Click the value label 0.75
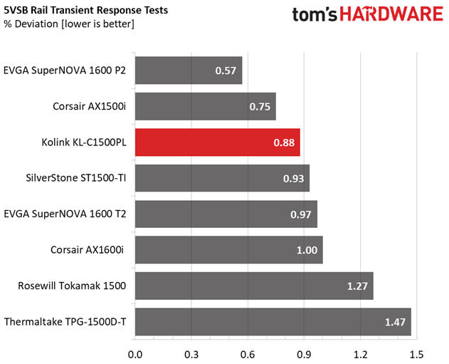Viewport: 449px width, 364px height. pyautogui.click(x=259, y=107)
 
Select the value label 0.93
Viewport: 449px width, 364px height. pyautogui.click(x=292, y=178)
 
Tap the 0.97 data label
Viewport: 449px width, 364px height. pyautogui.click(x=300, y=214)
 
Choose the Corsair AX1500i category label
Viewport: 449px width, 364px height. pyautogui.click(x=90, y=106)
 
